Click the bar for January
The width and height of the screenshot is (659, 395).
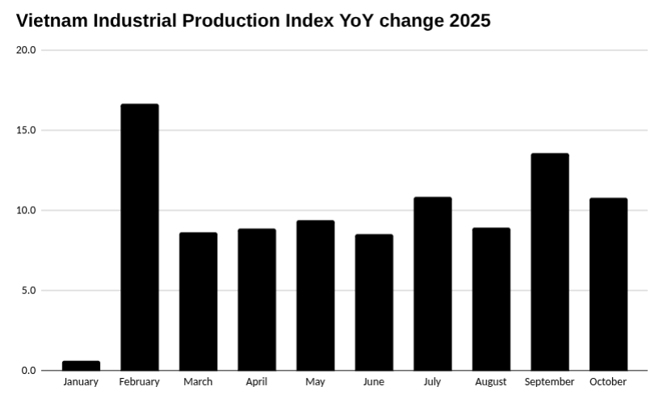81,366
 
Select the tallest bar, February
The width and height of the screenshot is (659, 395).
140,237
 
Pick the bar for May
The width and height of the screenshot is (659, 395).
315,296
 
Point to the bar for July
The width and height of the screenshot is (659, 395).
432,284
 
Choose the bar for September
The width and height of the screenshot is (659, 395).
549,262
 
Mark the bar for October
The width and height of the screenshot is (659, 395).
608,284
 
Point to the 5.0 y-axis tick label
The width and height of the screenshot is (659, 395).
28,290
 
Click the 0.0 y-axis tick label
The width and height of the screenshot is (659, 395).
28,371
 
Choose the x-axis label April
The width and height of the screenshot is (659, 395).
257,382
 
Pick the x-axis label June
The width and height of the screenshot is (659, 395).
374,382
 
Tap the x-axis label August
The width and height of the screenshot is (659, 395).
491,382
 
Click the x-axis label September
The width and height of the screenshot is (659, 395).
549,382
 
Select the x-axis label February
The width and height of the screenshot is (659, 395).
140,382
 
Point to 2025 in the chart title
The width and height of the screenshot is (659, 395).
467,21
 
